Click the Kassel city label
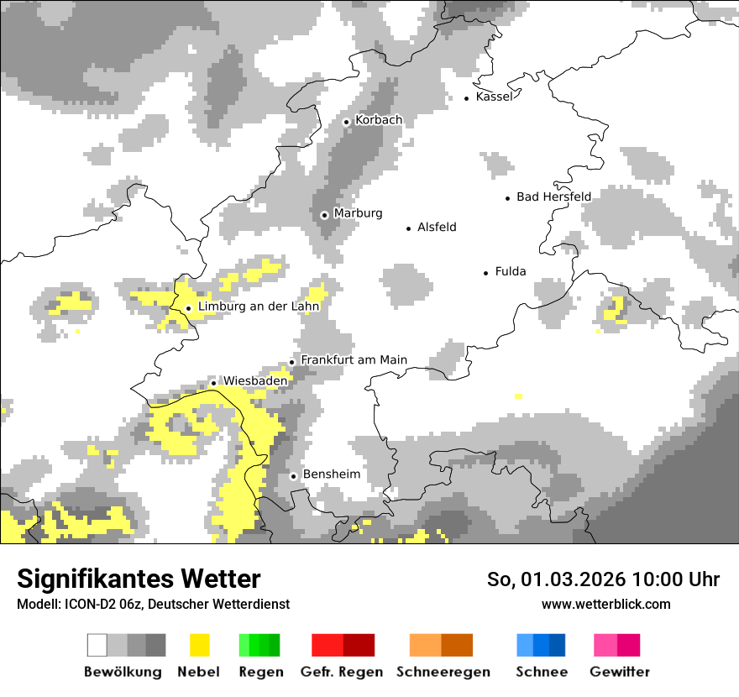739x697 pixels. coord(494,97)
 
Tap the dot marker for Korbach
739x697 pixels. coord(346,122)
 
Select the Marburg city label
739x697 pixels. coord(358,213)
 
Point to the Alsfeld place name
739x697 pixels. coord(437,228)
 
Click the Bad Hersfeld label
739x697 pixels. coord(553,197)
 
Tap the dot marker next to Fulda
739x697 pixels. coord(486,273)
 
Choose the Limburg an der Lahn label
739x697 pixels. coord(259,307)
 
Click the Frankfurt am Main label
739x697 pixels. coord(354,360)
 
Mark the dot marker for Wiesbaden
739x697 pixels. coord(214,383)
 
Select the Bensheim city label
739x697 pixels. coord(331,474)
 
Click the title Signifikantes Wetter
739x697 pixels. coord(139,579)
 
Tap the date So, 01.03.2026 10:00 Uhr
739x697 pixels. coord(603,579)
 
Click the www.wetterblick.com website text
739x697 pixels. coord(605,604)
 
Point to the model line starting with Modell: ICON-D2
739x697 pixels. coord(153,604)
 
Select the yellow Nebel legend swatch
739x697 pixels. coord(200,645)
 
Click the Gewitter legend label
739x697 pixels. coord(619,672)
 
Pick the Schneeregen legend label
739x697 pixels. coord(443,672)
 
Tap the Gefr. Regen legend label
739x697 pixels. coord(342,672)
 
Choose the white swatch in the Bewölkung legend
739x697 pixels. coord(97,645)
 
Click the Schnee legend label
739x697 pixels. coord(541,672)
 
